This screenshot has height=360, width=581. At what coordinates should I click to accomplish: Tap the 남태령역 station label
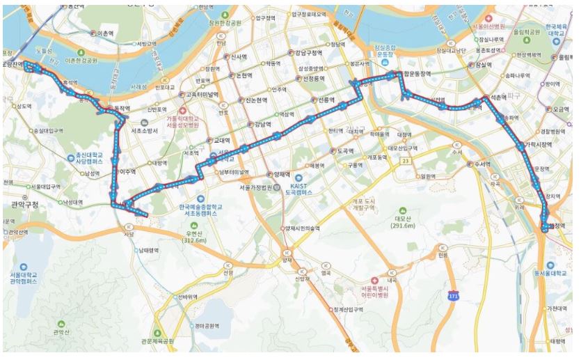click(x=148, y=250)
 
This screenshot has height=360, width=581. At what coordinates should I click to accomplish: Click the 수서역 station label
click(x=481, y=165)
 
